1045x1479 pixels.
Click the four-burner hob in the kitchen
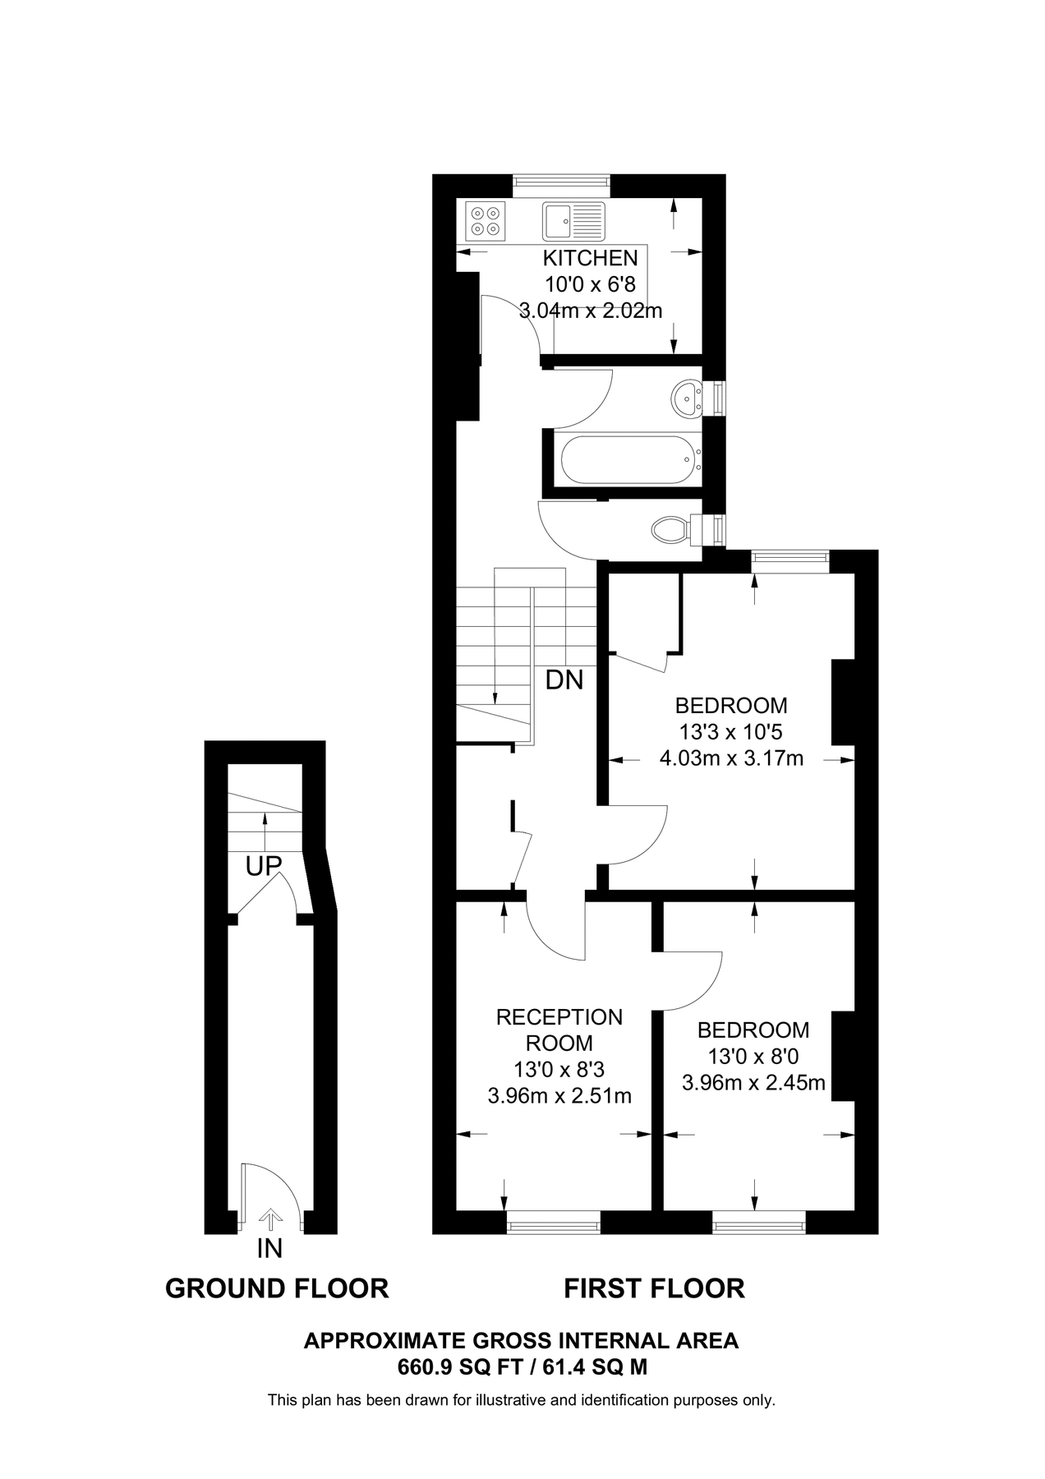coord(486,221)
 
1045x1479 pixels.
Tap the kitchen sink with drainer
coord(573,221)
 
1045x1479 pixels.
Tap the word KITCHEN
coord(590,258)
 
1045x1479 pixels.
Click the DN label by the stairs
coord(565,680)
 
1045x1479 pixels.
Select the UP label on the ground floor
coord(264,866)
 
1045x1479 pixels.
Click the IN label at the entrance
coord(269,1249)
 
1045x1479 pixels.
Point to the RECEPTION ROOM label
coord(559,1030)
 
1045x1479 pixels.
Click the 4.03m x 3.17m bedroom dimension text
coord(732,758)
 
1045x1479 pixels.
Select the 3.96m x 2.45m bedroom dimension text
coord(753,1083)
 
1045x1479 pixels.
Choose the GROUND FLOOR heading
coord(277,1288)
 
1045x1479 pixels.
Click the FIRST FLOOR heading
coord(654,1288)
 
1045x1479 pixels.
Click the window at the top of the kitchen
coord(562,185)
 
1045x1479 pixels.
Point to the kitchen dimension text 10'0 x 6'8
coord(591,284)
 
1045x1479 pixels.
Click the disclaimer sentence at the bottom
coord(522,1400)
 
